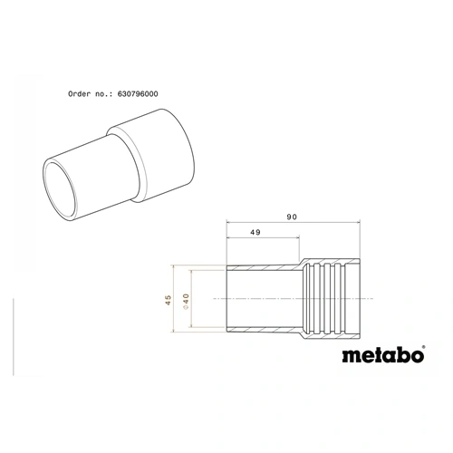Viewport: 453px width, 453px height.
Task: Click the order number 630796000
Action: tap(149, 93)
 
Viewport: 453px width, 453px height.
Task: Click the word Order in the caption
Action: tap(82, 93)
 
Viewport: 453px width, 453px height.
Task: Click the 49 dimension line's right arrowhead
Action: tap(296, 241)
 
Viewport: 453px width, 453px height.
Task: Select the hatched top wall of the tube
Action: tap(263, 269)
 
